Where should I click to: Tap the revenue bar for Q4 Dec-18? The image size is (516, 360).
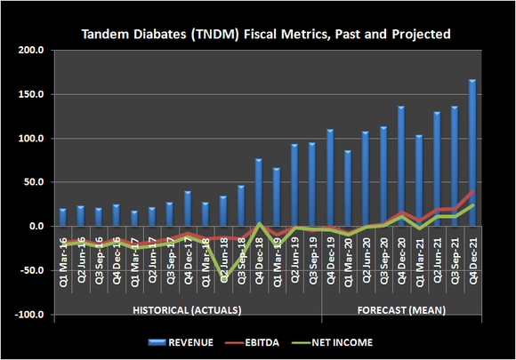tap(259, 192)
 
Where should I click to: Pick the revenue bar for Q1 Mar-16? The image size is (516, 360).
tap(62, 217)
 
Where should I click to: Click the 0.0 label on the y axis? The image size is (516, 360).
tap(36, 227)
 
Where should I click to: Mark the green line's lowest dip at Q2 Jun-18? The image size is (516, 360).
tap(222, 278)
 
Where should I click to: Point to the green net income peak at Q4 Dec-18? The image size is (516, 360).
tap(259, 223)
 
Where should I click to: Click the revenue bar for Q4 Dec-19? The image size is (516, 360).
tap(330, 178)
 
